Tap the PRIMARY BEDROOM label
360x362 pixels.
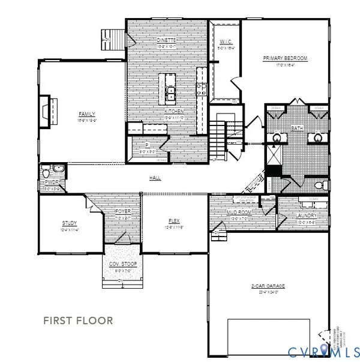click(x=285, y=58)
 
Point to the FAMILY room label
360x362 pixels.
click(x=87, y=113)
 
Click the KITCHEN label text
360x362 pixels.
click(x=175, y=112)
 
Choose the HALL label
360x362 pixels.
click(x=155, y=178)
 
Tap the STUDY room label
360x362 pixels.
click(x=70, y=223)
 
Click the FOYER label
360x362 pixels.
click(x=122, y=211)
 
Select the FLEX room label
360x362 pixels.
click(x=174, y=221)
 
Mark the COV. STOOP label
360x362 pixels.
click(x=122, y=264)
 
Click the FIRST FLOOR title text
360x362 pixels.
click(x=78, y=321)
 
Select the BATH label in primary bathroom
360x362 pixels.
click(x=297, y=128)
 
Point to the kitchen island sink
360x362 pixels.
click(x=171, y=92)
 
